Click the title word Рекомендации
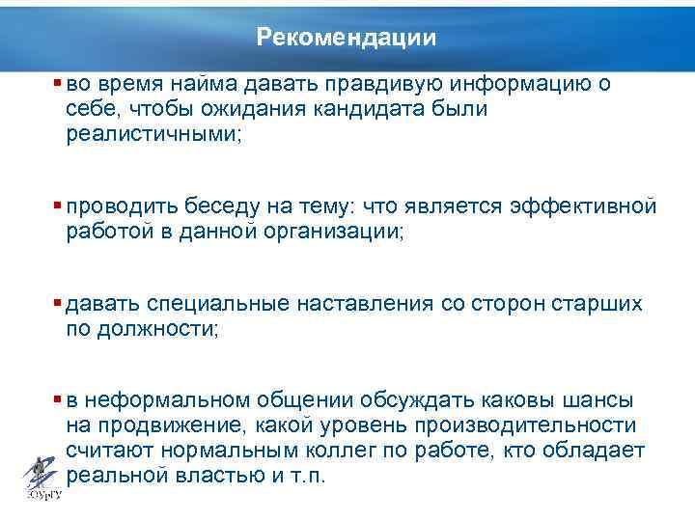(347, 38)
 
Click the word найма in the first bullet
(217, 84)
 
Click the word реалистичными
(154, 134)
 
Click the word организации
(328, 232)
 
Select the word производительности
(511, 425)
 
